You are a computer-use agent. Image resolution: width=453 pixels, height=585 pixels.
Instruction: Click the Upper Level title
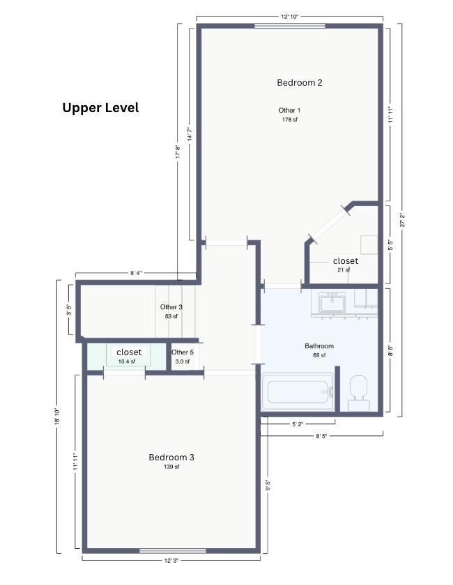pyautogui.click(x=100, y=108)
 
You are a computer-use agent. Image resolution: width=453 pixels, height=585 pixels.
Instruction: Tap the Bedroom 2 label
pyautogui.click(x=300, y=82)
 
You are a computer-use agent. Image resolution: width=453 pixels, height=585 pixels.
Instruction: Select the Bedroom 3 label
pyautogui.click(x=171, y=457)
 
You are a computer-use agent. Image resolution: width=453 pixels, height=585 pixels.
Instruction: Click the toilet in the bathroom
pyautogui.click(x=359, y=393)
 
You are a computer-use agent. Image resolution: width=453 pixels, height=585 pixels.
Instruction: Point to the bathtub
pyautogui.click(x=298, y=391)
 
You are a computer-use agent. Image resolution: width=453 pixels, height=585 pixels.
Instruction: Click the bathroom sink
pyautogui.click(x=332, y=302)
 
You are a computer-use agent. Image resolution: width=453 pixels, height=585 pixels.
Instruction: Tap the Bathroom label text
pyautogui.click(x=319, y=346)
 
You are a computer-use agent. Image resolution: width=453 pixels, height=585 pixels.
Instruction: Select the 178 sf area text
pyautogui.click(x=290, y=120)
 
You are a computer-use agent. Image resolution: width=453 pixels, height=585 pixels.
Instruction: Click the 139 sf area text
pyautogui.click(x=171, y=467)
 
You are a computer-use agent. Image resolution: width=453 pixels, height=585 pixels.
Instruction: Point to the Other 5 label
pyautogui.click(x=183, y=352)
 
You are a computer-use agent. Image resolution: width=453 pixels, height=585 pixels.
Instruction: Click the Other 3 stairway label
pyautogui.click(x=171, y=307)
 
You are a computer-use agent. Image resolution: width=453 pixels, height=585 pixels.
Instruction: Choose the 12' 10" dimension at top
pyautogui.click(x=290, y=17)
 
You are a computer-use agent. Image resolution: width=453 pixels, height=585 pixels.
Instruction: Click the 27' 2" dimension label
pyautogui.click(x=402, y=220)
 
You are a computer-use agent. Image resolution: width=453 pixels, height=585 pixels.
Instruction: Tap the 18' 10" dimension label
pyautogui.click(x=56, y=416)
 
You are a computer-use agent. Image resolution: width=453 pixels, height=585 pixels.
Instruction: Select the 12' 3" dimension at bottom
pyautogui.click(x=171, y=561)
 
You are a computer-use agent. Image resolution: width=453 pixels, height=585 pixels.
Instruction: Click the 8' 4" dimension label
pyautogui.click(x=136, y=273)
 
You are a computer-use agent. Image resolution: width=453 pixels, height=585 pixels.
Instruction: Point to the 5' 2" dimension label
pyautogui.click(x=298, y=424)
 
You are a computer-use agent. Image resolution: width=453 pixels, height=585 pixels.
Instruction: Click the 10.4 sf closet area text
pyautogui.click(x=127, y=361)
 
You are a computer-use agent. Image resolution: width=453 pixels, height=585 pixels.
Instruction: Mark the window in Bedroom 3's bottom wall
pyautogui.click(x=173, y=551)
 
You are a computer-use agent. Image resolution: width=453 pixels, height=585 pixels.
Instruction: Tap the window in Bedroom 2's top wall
pyautogui.click(x=290, y=26)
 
